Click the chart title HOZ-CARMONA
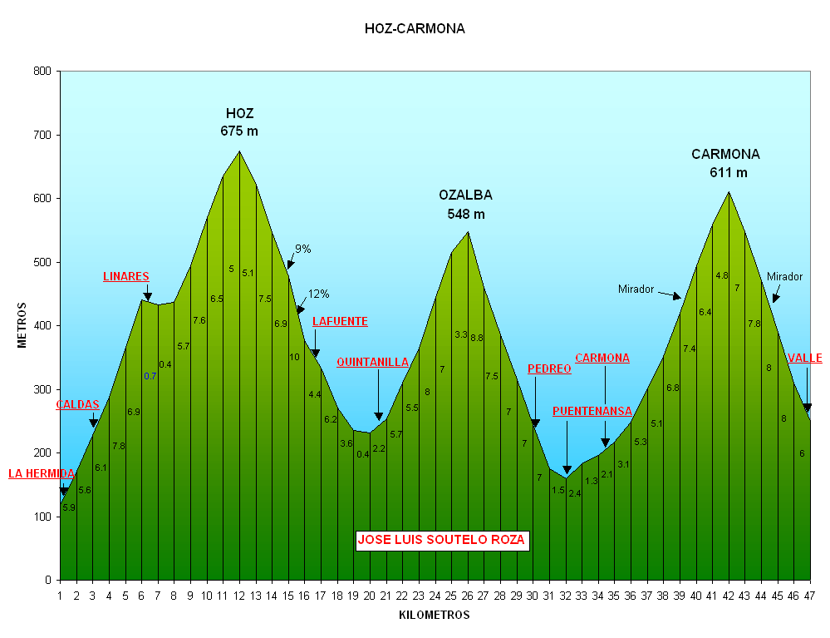click(x=415, y=29)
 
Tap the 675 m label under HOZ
click(x=239, y=131)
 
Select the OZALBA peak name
click(x=465, y=195)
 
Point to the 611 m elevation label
click(x=729, y=173)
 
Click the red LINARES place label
click(x=126, y=276)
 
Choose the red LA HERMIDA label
click(x=42, y=473)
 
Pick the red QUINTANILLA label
click(x=372, y=362)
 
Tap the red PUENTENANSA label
click(x=592, y=411)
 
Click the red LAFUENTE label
click(x=340, y=321)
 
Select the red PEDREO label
click(x=549, y=368)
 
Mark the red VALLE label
click(x=805, y=359)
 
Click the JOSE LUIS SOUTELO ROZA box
click(x=442, y=540)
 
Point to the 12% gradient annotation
click(x=319, y=294)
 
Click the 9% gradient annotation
click(x=302, y=249)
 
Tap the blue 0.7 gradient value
click(x=150, y=376)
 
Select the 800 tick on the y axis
click(x=42, y=72)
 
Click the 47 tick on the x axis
click(x=809, y=596)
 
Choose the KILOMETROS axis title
click(x=434, y=616)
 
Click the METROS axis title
click(x=23, y=325)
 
